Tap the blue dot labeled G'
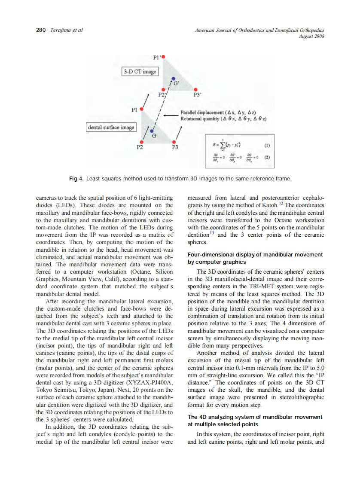[173, 79]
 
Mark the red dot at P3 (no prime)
[174, 141]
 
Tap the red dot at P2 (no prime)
[141, 141]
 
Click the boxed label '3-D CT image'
[140, 71]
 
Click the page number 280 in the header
[41, 30]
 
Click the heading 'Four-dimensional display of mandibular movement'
[255, 255]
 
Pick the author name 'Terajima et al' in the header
[66, 30]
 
